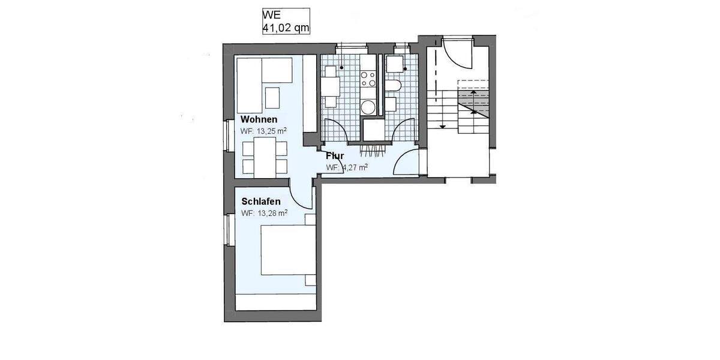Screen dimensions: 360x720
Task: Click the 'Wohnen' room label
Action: [x=259, y=119]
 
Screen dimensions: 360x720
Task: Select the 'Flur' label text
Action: [x=335, y=157]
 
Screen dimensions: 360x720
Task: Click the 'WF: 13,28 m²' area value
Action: [x=264, y=212]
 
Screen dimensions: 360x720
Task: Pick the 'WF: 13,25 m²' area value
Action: [x=263, y=130]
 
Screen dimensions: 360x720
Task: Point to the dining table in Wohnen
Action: [x=265, y=157]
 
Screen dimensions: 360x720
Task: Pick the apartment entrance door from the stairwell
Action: [x=409, y=162]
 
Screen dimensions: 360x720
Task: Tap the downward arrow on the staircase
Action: [x=442, y=125]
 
